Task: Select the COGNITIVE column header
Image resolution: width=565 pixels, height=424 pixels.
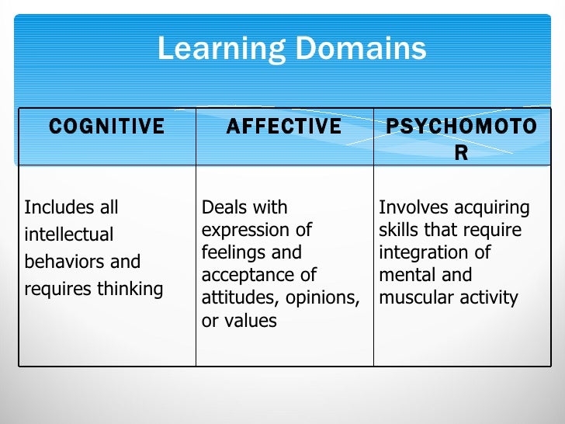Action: pyautogui.click(x=107, y=127)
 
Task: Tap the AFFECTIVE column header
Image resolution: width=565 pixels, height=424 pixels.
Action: pyautogui.click(x=284, y=127)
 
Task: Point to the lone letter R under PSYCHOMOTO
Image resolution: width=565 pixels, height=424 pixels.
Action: pyautogui.click(x=461, y=153)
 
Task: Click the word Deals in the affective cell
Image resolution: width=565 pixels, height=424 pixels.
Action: pyautogui.click(x=223, y=207)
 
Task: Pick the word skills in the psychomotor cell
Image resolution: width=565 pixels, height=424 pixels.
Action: pyautogui.click(x=397, y=230)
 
